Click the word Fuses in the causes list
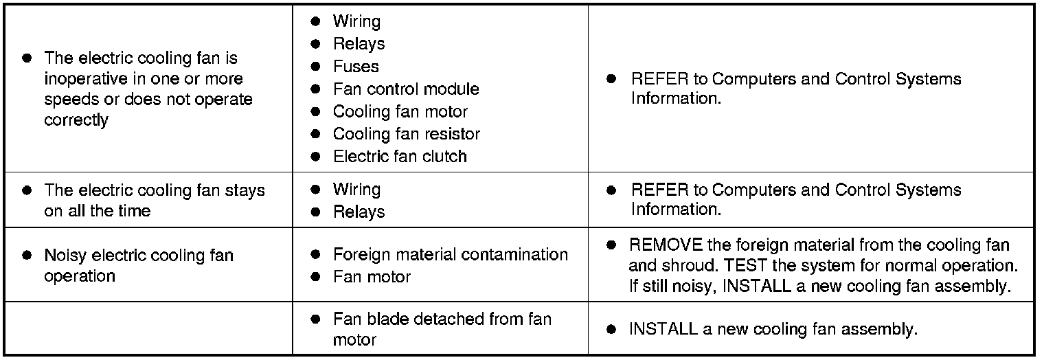click(x=356, y=67)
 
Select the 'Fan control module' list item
click(x=406, y=89)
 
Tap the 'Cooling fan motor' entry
click(x=400, y=111)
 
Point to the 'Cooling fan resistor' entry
click(x=406, y=134)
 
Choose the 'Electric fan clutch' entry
click(x=400, y=156)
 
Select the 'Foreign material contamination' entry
click(x=450, y=255)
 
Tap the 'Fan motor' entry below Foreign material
click(x=372, y=277)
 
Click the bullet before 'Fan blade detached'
click(x=316, y=319)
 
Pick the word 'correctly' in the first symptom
click(x=76, y=120)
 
